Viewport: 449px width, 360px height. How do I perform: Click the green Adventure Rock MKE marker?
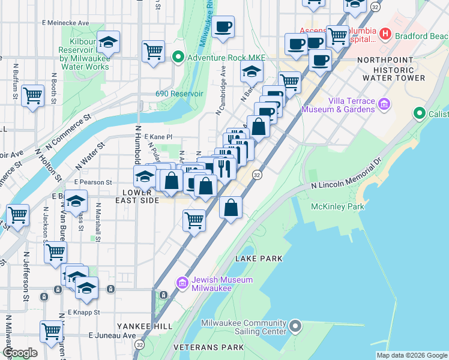click(x=178, y=58)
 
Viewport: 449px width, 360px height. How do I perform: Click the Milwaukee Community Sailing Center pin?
click(x=295, y=327)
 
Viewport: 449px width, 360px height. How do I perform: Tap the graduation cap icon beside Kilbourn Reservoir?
click(x=109, y=43)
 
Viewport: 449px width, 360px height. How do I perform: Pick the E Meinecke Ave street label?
click(x=65, y=23)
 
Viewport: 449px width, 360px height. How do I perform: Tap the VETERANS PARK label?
click(x=208, y=347)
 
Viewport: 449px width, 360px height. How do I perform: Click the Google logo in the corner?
click(x=20, y=353)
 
